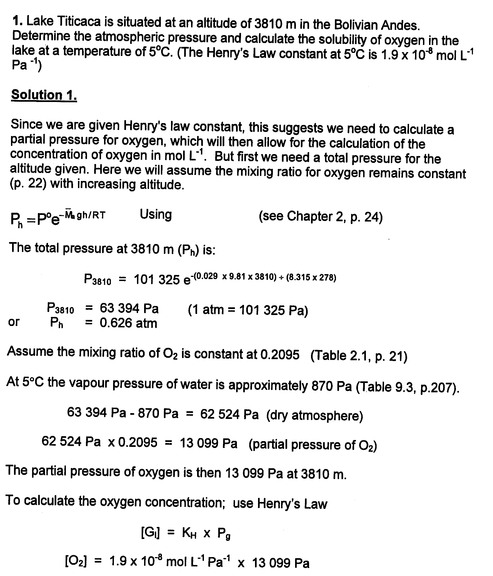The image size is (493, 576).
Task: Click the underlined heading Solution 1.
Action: (x=44, y=95)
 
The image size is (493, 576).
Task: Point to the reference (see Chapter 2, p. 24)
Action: (x=321, y=217)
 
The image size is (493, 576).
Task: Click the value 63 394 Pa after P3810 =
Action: (x=129, y=309)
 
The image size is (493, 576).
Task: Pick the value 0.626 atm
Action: (x=128, y=323)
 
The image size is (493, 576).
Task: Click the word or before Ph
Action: (x=14, y=322)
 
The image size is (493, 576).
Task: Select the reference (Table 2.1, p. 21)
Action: (x=359, y=356)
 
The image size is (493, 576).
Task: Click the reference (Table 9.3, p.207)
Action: (x=408, y=387)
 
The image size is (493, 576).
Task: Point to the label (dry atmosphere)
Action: (x=315, y=416)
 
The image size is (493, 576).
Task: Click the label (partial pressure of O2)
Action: (x=313, y=445)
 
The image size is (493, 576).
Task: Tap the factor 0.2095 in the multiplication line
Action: (x=138, y=442)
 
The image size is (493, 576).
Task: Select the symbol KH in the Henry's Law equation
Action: (x=189, y=533)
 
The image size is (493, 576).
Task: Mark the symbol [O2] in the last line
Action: (x=76, y=562)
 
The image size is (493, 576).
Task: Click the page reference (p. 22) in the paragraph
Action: (x=28, y=184)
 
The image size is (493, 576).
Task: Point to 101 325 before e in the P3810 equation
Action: (x=157, y=280)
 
